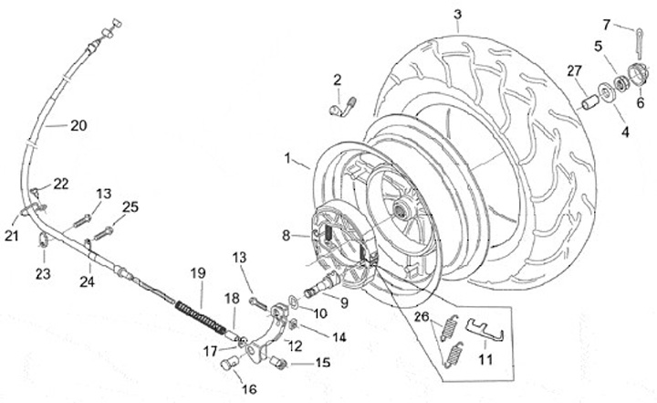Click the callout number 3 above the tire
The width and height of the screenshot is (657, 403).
[x=457, y=14]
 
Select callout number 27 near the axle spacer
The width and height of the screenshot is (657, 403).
[x=573, y=71]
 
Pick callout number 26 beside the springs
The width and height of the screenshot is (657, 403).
[x=421, y=318]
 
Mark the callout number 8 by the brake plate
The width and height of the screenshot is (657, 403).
[x=286, y=236]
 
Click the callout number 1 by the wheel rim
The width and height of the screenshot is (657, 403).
[x=288, y=159]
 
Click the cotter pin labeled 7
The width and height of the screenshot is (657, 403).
[x=641, y=42]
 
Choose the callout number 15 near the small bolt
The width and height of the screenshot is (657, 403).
[x=323, y=363]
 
